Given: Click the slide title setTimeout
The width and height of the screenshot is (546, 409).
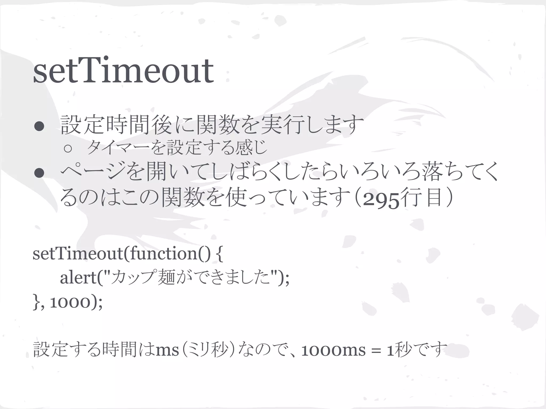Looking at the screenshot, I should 123,71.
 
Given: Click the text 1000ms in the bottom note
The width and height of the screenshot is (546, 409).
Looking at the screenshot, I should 333,350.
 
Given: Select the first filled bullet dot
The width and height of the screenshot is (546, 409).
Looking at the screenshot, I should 39,126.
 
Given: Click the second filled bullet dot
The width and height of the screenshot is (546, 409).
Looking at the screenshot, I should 39,173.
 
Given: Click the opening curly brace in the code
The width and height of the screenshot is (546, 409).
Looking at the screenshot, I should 219,254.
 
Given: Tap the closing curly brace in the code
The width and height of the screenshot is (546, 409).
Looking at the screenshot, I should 36,302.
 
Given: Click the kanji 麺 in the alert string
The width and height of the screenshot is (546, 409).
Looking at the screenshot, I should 166,278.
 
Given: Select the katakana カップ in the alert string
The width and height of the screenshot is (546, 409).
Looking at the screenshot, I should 132,278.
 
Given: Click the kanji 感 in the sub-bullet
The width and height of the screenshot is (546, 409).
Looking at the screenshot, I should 244,148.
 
